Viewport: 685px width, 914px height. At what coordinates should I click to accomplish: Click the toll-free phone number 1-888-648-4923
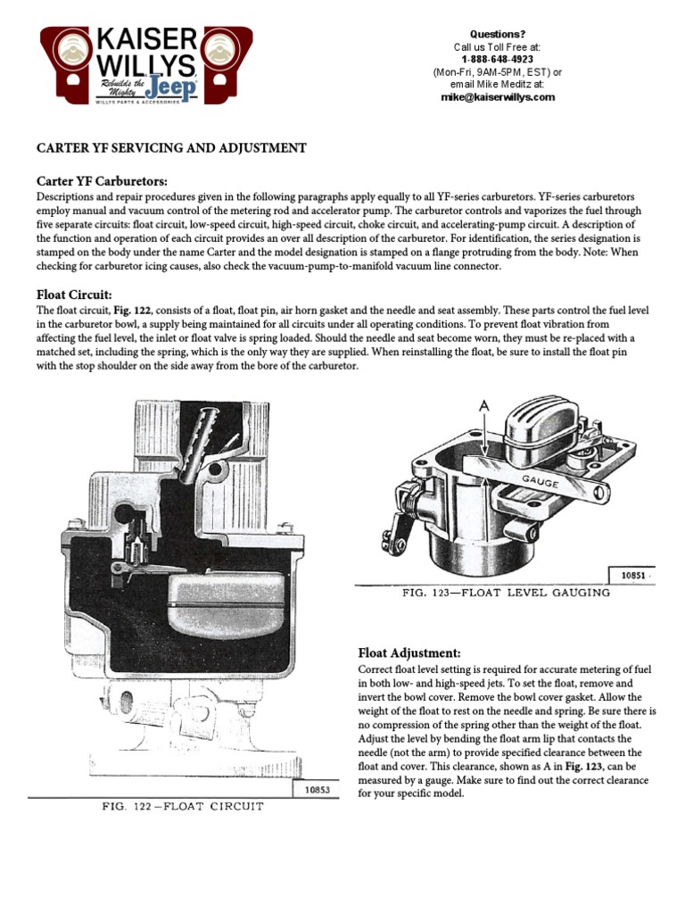click(x=498, y=60)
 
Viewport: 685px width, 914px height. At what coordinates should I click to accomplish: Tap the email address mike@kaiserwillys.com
click(x=498, y=97)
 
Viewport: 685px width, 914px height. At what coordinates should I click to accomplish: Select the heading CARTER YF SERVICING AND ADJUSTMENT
click(x=170, y=148)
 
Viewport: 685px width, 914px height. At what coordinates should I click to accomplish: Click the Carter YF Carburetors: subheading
click(x=101, y=181)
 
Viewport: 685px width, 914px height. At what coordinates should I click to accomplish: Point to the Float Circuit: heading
click(x=73, y=294)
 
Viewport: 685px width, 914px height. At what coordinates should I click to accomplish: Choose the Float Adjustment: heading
click(x=409, y=652)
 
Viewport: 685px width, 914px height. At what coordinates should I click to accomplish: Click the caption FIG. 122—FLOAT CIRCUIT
click(x=182, y=807)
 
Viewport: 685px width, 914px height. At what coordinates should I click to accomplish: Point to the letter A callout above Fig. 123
click(x=483, y=407)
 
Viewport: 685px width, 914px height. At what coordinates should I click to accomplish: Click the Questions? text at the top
click(x=497, y=34)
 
